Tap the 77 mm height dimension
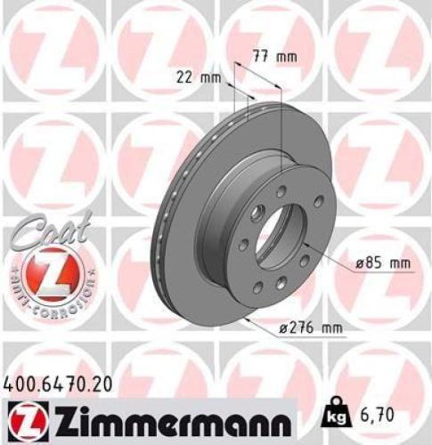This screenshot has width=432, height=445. pyautogui.click(x=270, y=56)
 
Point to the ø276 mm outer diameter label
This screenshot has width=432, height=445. pyautogui.click(x=310, y=328)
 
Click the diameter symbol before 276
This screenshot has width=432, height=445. pyautogui.click(x=282, y=328)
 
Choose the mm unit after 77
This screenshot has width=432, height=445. pyautogui.click(x=286, y=56)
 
